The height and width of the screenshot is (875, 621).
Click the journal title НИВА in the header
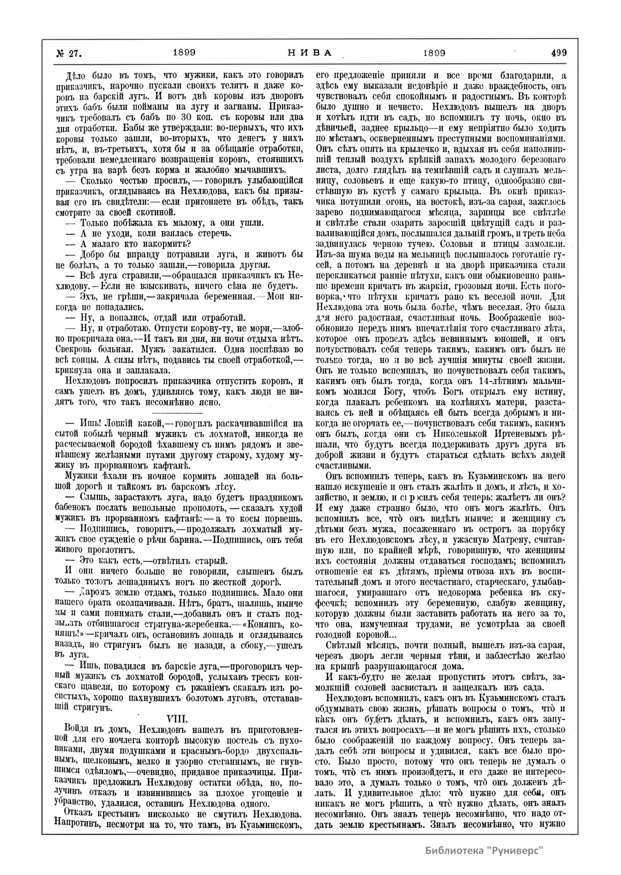coord(308,53)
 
